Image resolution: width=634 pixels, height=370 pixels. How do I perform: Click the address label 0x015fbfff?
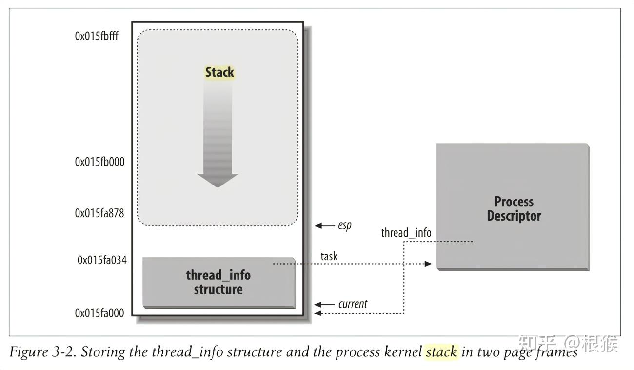coord(97,36)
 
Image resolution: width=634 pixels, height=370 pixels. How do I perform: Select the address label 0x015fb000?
coord(99,162)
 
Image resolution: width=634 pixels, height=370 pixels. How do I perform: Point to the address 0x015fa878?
coord(99,213)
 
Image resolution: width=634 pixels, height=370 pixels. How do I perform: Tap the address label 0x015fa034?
coord(102,260)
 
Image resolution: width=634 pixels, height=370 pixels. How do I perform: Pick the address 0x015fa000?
coord(99,313)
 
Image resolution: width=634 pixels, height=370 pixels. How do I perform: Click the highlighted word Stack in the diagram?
coord(219,73)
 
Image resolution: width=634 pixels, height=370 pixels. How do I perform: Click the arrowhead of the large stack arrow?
coord(218,180)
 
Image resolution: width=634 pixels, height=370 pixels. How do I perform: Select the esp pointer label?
coord(345,226)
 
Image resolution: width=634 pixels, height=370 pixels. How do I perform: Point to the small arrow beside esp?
coord(325,226)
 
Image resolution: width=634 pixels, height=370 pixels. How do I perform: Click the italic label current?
coord(353,304)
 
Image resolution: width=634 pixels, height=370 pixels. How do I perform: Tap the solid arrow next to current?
coord(324,304)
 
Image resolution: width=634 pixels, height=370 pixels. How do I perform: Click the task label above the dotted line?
coord(329,257)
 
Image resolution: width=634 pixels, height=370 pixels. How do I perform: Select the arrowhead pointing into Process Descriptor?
coord(428,264)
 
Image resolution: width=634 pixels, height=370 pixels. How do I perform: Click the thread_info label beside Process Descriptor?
coord(406,233)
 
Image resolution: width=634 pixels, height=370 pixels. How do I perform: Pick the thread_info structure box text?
coord(218,282)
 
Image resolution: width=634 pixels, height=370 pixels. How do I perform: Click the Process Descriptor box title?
coord(514,209)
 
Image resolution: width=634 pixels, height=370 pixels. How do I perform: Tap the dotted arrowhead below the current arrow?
coord(318,313)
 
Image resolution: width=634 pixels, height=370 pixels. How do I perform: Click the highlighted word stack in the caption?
coord(441,352)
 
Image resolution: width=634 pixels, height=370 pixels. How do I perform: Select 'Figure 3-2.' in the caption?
coord(43,352)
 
